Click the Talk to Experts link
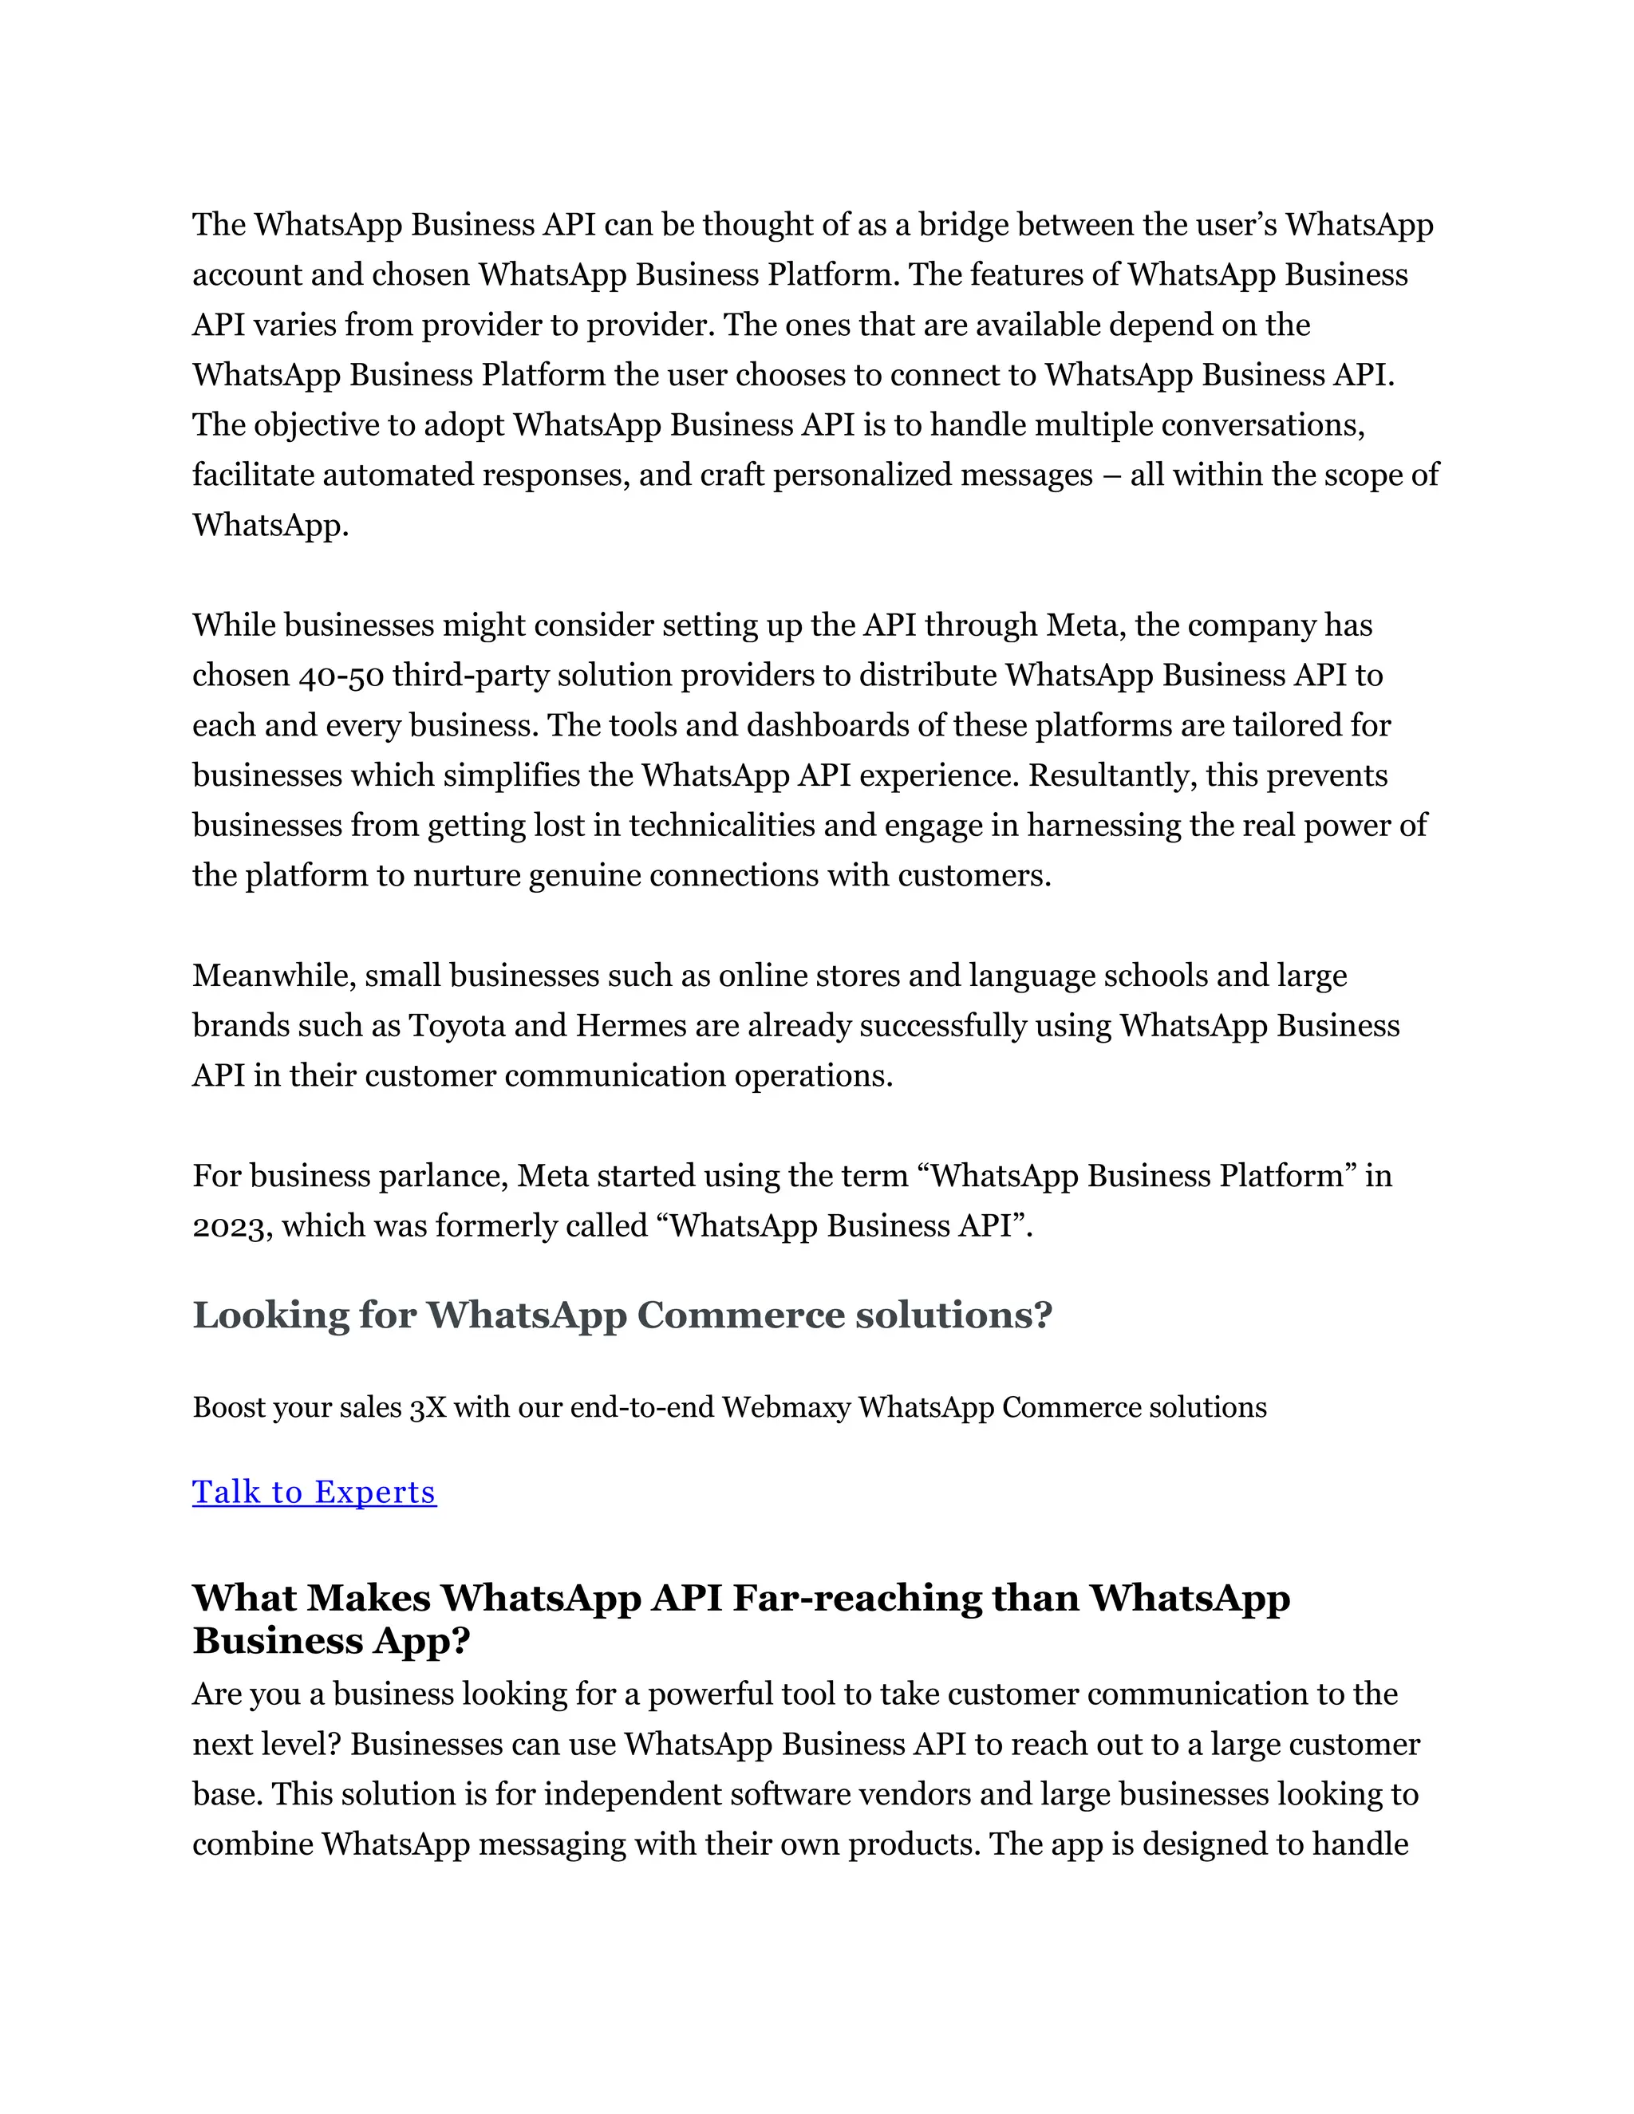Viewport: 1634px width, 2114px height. (314, 1492)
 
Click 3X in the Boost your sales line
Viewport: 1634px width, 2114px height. (427, 1407)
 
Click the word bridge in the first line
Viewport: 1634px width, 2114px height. (963, 225)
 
